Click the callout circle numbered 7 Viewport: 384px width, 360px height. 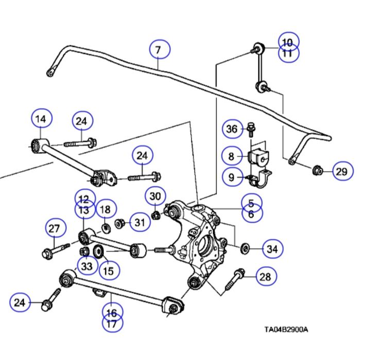(x=160, y=50)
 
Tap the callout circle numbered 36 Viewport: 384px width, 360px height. (x=232, y=129)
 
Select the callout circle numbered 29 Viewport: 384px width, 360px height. (x=342, y=171)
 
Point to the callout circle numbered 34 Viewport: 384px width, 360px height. (x=272, y=249)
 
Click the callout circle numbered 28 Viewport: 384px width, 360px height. (x=265, y=277)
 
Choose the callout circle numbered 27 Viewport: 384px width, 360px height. (x=55, y=229)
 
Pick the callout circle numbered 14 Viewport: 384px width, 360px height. (x=42, y=119)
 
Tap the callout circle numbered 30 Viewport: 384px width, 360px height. (x=155, y=195)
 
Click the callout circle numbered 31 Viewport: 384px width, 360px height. (x=139, y=222)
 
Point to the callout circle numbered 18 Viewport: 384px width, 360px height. (x=105, y=209)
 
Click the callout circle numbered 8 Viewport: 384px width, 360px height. (x=232, y=155)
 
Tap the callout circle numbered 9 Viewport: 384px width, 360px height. (x=232, y=177)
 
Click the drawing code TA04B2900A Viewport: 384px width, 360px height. (x=286, y=330)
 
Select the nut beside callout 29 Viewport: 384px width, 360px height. (x=318, y=169)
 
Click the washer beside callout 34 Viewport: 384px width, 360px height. (x=246, y=249)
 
